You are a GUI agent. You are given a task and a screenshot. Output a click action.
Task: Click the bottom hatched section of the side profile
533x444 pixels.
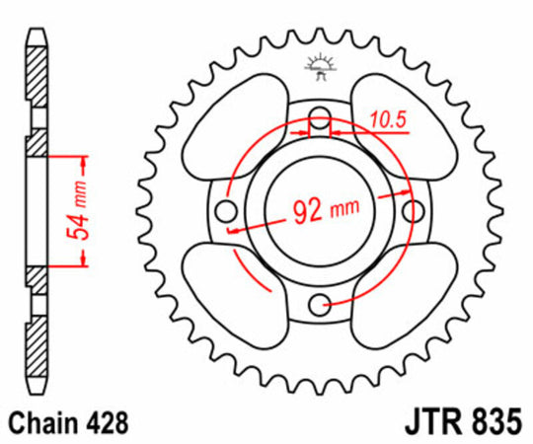point(36,335)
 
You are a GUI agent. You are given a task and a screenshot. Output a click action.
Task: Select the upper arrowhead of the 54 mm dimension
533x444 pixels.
point(78,161)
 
